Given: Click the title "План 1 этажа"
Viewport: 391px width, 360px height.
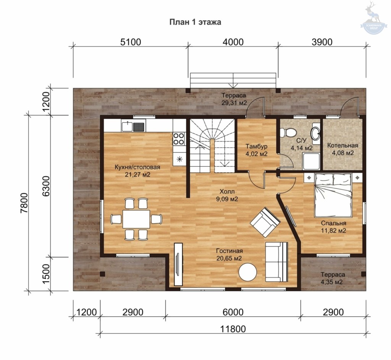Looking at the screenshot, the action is click(195, 22).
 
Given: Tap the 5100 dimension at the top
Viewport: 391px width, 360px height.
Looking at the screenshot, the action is click(131, 42).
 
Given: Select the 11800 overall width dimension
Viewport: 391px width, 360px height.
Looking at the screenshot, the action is click(233, 329).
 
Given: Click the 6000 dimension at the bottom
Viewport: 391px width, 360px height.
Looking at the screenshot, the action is click(233, 312).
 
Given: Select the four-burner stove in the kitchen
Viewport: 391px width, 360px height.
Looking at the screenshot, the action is click(179, 139).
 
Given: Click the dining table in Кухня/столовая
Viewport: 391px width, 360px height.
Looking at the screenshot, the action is click(136, 219).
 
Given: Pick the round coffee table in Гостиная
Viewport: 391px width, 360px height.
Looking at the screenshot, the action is click(247, 272).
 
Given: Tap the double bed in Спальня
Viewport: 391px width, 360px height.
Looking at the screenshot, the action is click(334, 195).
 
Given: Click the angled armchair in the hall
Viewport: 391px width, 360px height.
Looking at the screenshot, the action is click(265, 222).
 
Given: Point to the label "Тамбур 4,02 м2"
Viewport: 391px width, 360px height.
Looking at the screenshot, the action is click(256, 150).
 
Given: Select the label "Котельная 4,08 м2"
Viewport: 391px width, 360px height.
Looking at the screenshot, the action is click(343, 149).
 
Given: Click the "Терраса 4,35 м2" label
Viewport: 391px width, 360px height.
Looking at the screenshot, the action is click(333, 278).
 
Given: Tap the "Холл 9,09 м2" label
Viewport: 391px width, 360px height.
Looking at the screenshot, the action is click(227, 195).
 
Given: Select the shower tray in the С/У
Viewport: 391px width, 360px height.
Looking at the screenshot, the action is click(311, 161).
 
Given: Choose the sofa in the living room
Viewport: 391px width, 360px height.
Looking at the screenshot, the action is click(276, 262).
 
